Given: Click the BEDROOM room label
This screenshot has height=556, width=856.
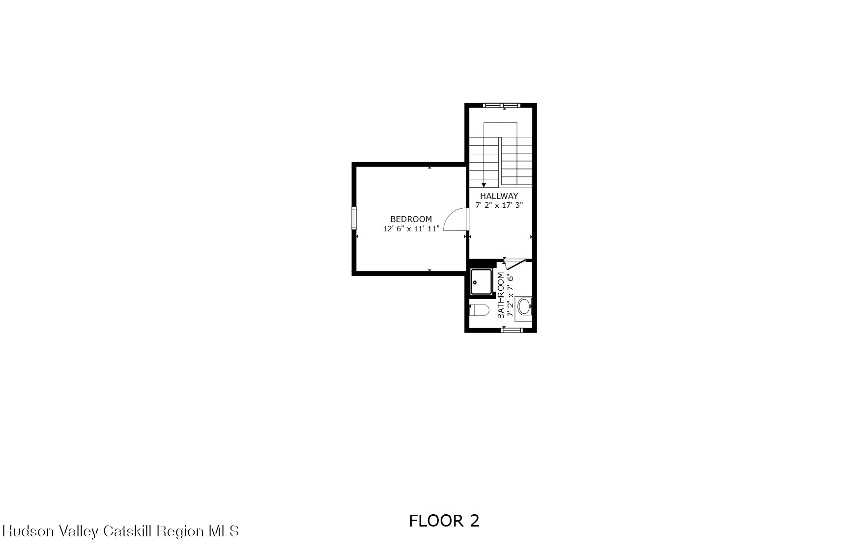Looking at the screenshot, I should tap(411, 219).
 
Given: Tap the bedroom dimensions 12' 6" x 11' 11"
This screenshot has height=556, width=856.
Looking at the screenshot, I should tap(411, 229).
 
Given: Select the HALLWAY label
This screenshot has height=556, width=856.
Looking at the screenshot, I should tap(499, 196).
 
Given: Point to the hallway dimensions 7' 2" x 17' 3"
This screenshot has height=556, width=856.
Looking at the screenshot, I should tap(499, 205).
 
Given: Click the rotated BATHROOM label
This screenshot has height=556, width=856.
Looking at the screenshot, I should tap(501, 295).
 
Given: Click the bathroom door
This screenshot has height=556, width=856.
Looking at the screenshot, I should tap(515, 264).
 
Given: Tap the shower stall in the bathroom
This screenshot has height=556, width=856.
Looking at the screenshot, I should tap(481, 282).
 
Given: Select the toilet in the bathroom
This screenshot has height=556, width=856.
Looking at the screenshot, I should tap(480, 310).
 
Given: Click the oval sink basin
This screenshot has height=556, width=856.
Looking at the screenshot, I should tap(524, 306).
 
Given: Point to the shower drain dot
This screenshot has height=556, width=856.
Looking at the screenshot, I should tap(475, 282).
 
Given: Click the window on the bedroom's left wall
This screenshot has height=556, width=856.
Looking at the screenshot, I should tap(354, 218).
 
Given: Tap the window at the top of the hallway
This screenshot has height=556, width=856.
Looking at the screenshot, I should tap(501, 105).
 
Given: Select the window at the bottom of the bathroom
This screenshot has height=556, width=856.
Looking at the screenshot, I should tap(512, 330).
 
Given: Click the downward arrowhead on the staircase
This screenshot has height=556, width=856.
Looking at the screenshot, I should tap(484, 185).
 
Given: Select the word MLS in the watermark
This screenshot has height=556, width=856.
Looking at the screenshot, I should tap(224, 531).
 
